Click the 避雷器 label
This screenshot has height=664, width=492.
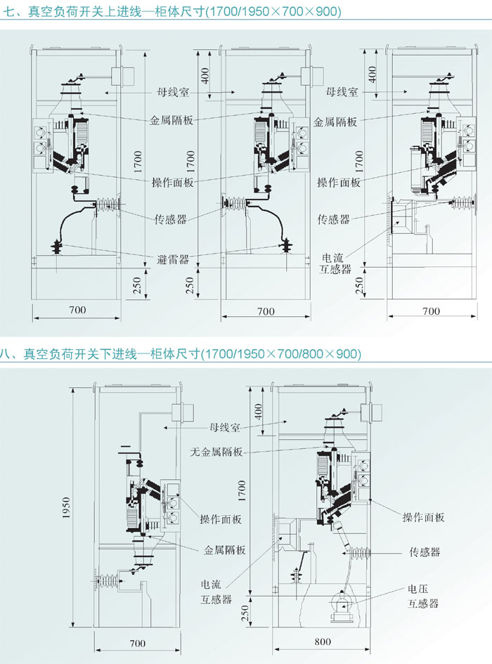click(x=172, y=259)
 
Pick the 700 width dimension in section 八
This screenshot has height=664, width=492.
click(x=137, y=641)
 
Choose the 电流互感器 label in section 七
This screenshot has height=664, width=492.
click(x=336, y=263)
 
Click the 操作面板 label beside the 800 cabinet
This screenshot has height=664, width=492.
click(x=424, y=518)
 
